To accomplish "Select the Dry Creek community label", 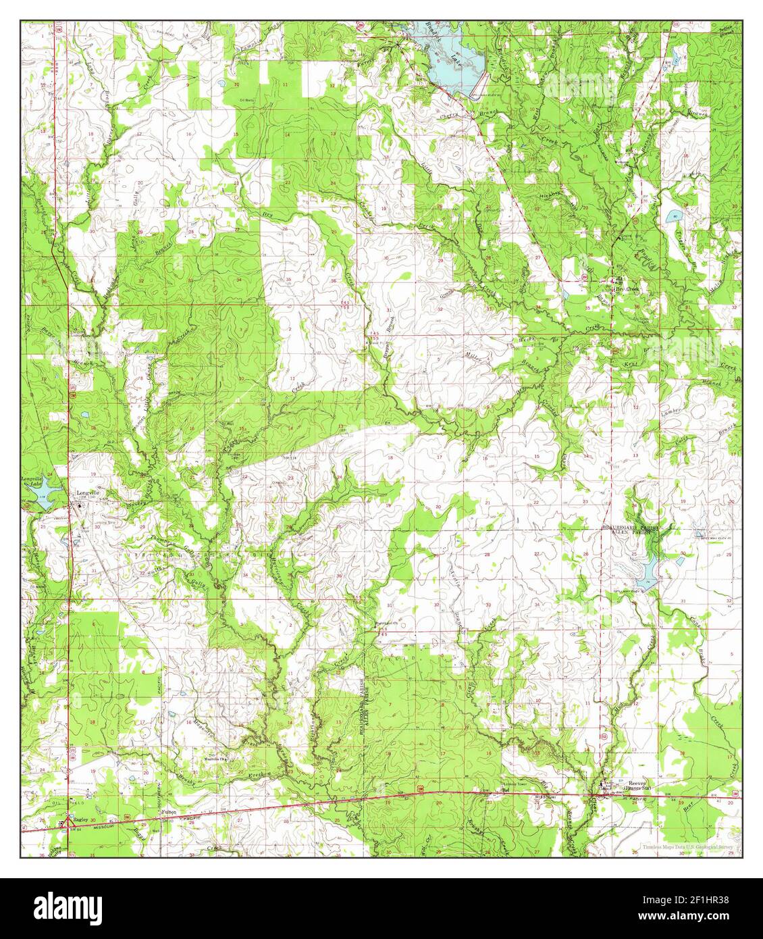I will click(x=625, y=288).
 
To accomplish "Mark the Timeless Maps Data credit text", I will click(x=685, y=846).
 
